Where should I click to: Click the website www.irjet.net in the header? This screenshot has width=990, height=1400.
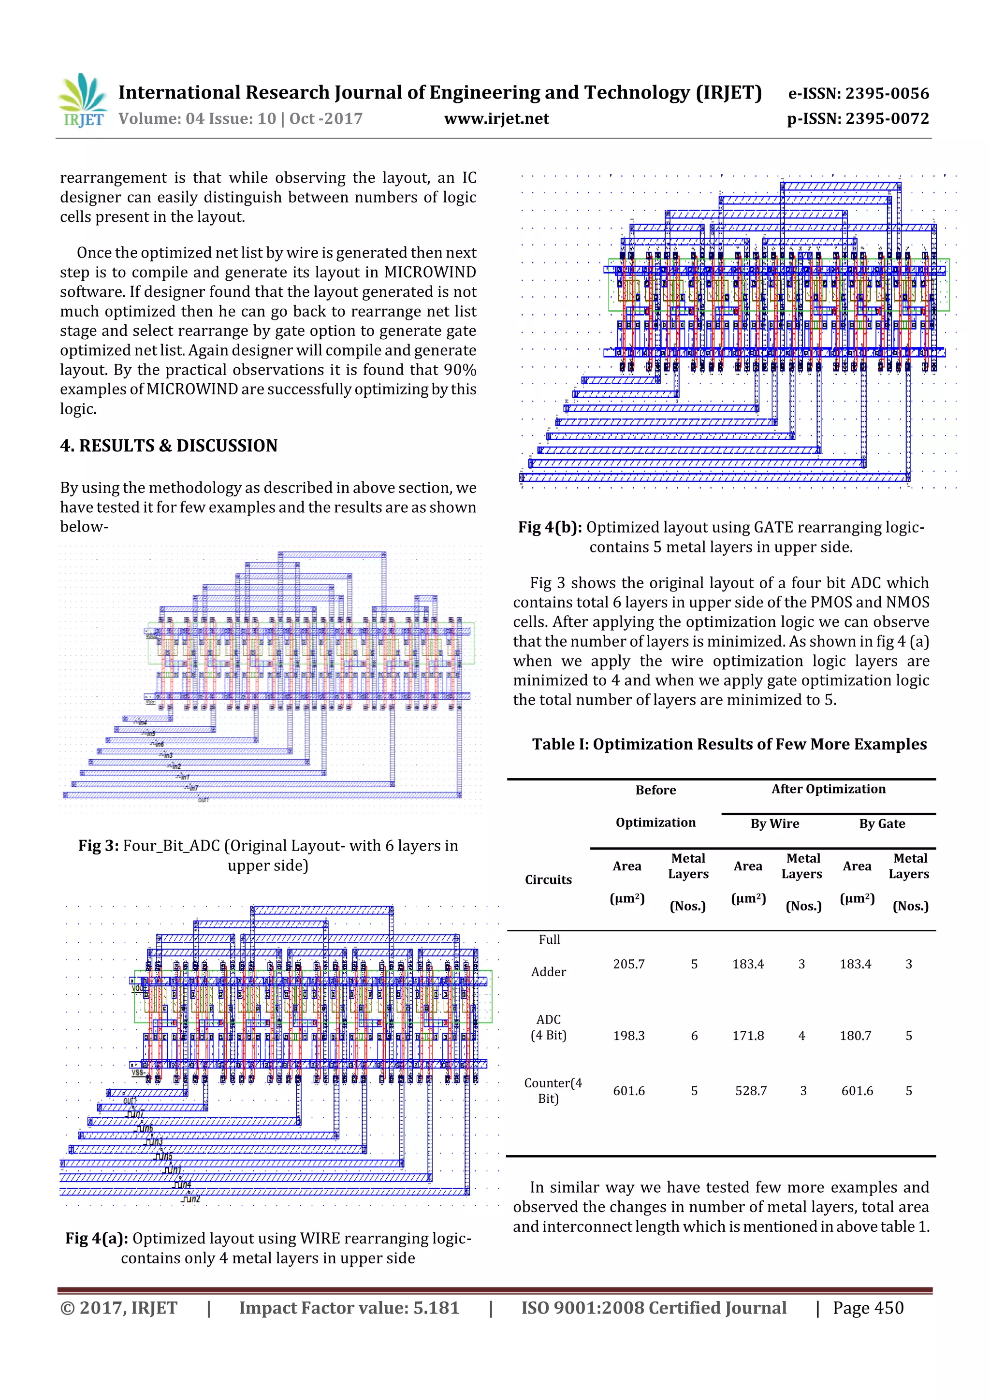tap(496, 118)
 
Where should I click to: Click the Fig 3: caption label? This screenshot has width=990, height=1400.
tap(98, 846)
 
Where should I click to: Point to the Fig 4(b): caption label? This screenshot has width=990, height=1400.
tap(550, 527)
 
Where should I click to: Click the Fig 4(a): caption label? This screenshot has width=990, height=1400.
tap(96, 1239)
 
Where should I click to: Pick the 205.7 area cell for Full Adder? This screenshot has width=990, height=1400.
tap(629, 964)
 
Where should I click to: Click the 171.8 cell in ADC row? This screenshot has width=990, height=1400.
tap(748, 1035)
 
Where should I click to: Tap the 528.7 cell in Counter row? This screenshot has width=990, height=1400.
tap(751, 1090)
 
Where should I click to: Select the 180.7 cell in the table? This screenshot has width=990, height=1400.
tap(855, 1035)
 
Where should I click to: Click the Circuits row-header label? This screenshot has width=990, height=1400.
tap(548, 879)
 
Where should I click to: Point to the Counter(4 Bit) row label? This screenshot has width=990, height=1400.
tap(552, 1090)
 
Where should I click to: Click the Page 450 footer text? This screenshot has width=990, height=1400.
tap(868, 1307)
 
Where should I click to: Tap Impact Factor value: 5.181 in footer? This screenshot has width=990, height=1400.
tap(349, 1307)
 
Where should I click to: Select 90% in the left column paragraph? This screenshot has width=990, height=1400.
tap(460, 370)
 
